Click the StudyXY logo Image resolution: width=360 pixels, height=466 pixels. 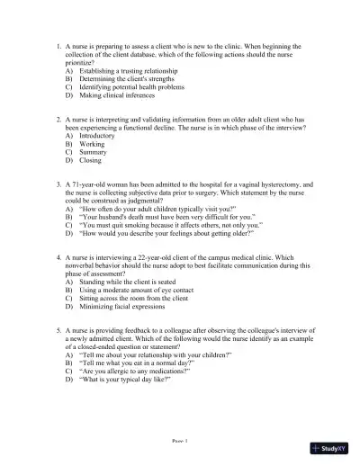pyautogui.click(x=332, y=447)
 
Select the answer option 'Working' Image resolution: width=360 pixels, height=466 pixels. pyautogui.click(x=92, y=144)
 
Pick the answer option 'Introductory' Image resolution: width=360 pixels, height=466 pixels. pyautogui.click(x=98, y=136)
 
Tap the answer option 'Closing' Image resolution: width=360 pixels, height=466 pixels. pyautogui.click(x=91, y=161)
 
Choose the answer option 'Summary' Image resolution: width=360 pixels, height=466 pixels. pyautogui.click(x=94, y=153)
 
